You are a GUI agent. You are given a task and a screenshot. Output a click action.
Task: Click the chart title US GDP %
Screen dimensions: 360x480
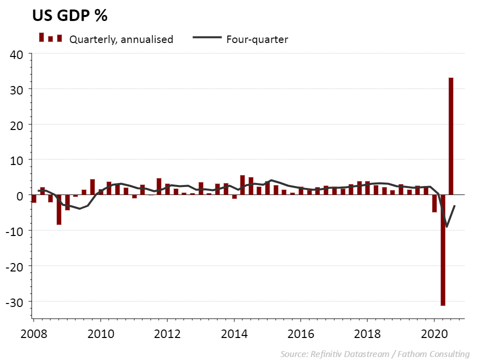(x=70, y=16)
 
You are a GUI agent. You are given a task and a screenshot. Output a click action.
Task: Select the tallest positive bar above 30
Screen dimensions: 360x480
(x=451, y=136)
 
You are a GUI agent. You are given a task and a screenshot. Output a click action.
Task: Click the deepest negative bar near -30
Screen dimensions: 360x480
(x=443, y=250)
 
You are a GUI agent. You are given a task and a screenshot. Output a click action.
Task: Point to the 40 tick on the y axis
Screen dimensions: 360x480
(x=17, y=54)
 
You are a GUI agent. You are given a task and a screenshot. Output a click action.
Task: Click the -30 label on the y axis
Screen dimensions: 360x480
(x=15, y=301)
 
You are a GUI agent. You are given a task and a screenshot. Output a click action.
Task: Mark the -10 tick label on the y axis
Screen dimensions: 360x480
(x=15, y=230)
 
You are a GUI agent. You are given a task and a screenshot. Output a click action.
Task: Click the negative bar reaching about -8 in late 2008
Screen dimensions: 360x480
(x=59, y=209)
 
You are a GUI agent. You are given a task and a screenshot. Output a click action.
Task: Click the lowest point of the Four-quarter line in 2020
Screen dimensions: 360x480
(x=446, y=227)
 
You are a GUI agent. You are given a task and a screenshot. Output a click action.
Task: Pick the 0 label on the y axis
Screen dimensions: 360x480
(x=20, y=195)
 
